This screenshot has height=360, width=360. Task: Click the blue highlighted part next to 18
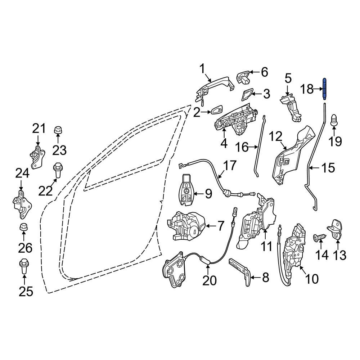[324, 89]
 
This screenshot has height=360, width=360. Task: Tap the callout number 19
[336, 141]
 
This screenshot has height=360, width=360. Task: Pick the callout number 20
[209, 280]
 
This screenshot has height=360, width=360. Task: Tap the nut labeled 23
[57, 130]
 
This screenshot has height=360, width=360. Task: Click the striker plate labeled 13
[338, 230]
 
